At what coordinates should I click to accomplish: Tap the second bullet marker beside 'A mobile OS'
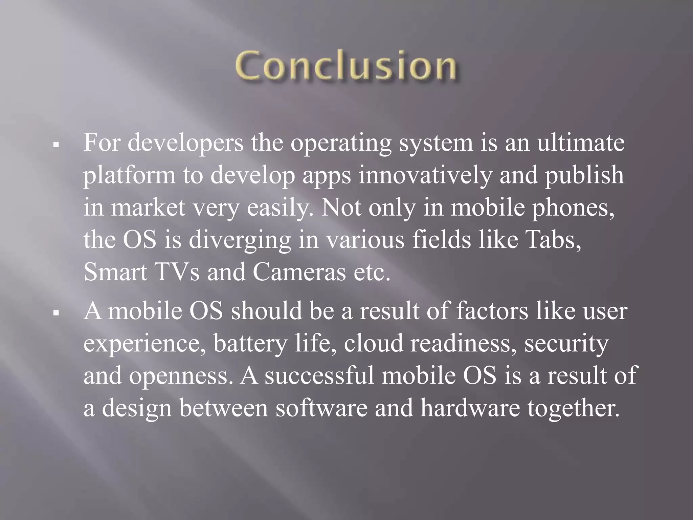[x=57, y=313]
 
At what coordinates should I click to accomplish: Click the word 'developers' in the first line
[x=185, y=143]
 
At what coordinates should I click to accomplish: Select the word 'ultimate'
[x=581, y=143]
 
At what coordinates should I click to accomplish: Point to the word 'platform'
[x=130, y=175]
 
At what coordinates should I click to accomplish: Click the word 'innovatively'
[x=424, y=175]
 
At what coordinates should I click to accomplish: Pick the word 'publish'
[x=584, y=175]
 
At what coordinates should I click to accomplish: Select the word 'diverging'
[x=240, y=240]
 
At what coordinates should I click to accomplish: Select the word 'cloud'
[x=374, y=343]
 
